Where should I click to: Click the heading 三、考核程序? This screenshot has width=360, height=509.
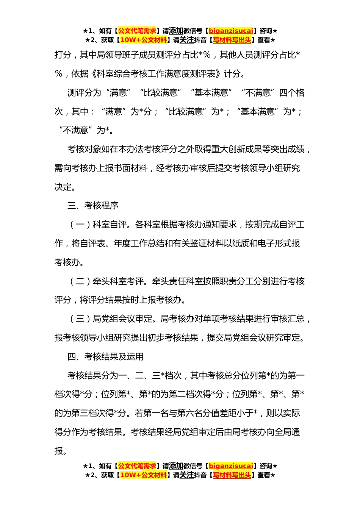[93, 206]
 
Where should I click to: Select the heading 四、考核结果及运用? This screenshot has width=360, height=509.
[105, 356]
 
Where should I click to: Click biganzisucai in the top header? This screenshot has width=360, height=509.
[231, 31]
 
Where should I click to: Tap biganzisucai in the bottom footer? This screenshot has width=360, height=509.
[231, 466]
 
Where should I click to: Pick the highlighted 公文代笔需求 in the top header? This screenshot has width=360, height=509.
[137, 31]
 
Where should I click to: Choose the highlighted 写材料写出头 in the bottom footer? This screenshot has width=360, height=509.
[232, 475]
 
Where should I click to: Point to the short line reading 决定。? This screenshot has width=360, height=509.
[65, 187]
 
